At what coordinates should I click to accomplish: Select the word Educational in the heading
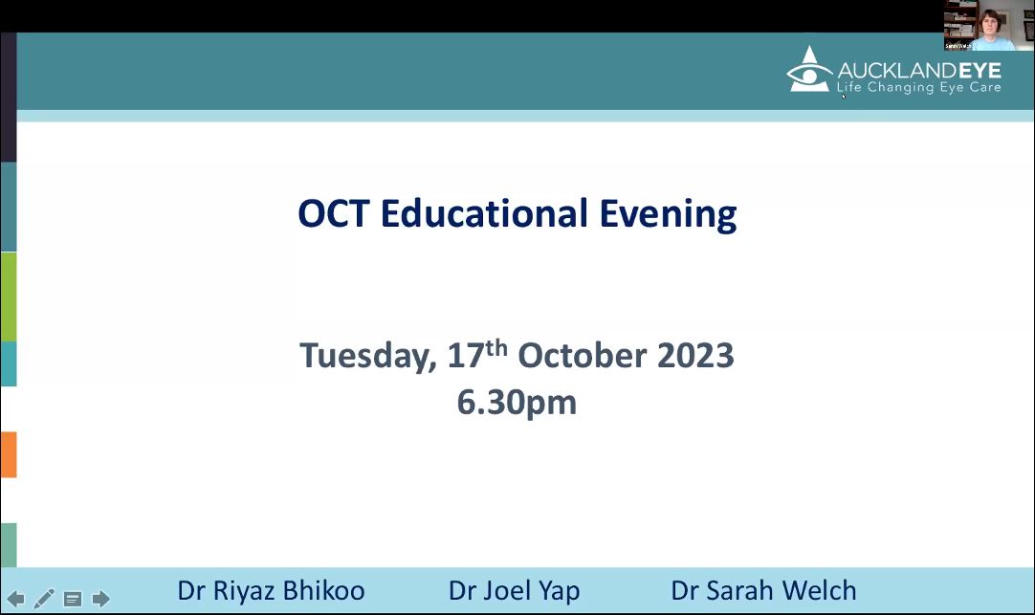click(x=484, y=214)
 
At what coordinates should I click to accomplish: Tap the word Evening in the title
click(x=668, y=216)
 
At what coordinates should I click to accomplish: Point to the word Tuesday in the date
click(x=368, y=357)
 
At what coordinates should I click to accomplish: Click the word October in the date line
click(x=583, y=356)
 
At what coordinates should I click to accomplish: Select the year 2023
click(x=695, y=356)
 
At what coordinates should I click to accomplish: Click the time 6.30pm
click(x=517, y=403)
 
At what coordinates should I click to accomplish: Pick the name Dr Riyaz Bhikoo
click(x=271, y=590)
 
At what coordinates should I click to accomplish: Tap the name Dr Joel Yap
click(x=515, y=591)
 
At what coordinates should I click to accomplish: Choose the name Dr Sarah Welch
click(x=763, y=590)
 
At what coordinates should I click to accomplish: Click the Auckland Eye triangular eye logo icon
click(x=809, y=69)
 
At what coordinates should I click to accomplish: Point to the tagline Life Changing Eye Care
click(x=919, y=88)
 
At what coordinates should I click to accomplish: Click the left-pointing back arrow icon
click(x=16, y=599)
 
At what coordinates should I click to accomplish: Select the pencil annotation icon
click(x=44, y=599)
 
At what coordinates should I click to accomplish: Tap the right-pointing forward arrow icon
click(x=101, y=599)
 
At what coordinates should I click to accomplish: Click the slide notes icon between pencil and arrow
click(x=73, y=599)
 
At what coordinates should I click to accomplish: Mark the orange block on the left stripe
click(x=9, y=454)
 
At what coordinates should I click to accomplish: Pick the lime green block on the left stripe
click(x=9, y=297)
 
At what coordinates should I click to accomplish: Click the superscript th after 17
click(x=496, y=348)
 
